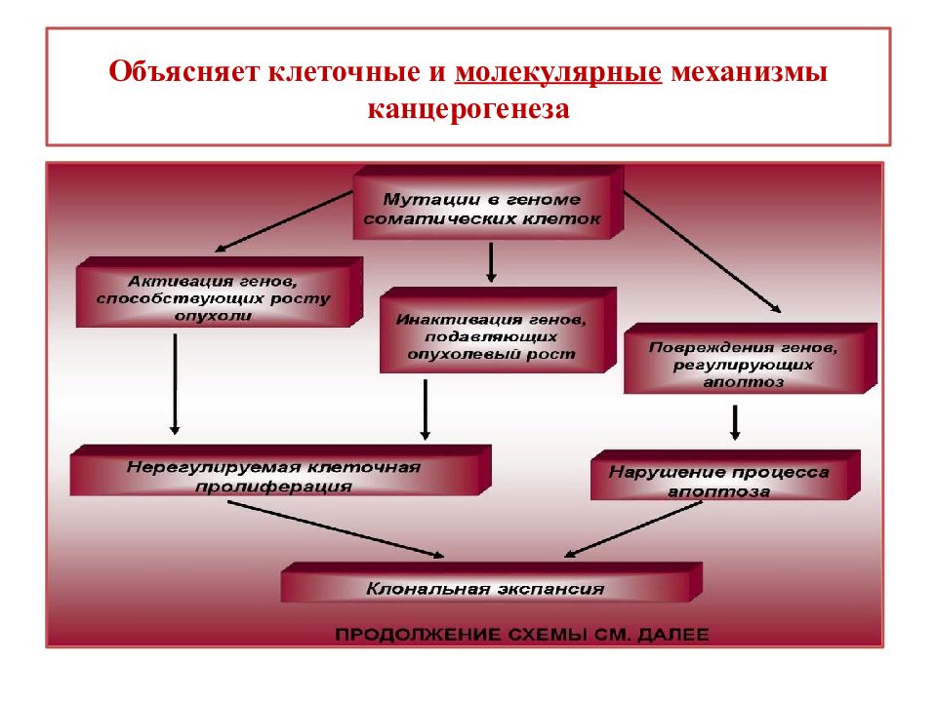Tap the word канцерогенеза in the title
[468, 109]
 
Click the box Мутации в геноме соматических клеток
[488, 203]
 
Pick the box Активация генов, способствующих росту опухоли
[220, 292]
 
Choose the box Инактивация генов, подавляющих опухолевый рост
[498, 331]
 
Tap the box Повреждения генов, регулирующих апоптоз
[750, 358]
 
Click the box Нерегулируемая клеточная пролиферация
[280, 470]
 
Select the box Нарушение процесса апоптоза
[725, 475]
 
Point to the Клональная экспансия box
[491, 582]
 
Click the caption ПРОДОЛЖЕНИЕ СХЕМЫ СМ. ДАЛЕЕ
[521, 634]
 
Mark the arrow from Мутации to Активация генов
[284, 221]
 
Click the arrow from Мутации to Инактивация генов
[491, 262]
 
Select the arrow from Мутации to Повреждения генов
[702, 252]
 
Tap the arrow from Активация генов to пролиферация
[175, 384]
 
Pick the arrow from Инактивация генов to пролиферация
[425, 410]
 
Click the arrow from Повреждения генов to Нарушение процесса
[735, 423]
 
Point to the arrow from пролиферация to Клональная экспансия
[336, 528]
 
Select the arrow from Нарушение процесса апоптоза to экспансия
[632, 529]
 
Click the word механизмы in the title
[750, 71]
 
